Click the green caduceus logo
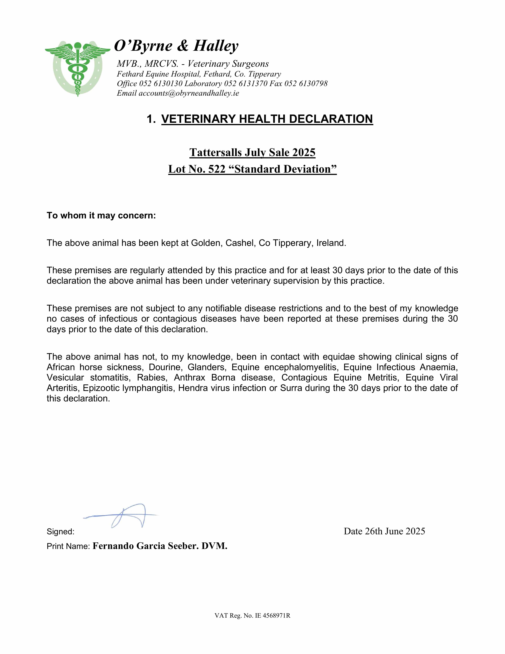tap(77, 68)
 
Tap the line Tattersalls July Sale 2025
tap(252, 152)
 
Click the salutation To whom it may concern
tap(101, 216)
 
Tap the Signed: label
tap(61, 532)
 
